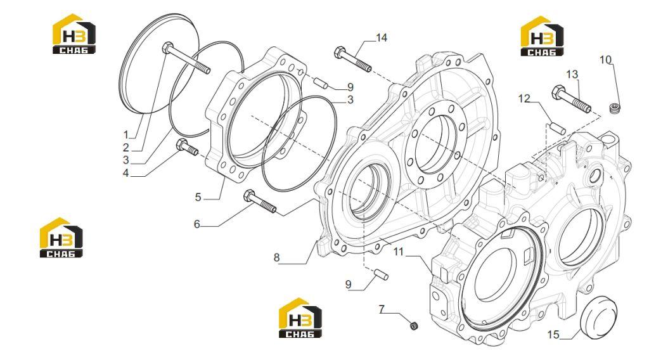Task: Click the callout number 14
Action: click(x=381, y=37)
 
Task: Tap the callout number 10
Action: click(x=605, y=60)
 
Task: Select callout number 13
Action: click(x=572, y=75)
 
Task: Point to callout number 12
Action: click(x=524, y=98)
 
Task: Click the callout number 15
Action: click(x=553, y=335)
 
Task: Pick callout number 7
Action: click(x=382, y=309)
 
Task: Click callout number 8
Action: click(x=276, y=257)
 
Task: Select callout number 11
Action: click(x=398, y=252)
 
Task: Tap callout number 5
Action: click(x=198, y=197)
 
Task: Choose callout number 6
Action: click(x=197, y=224)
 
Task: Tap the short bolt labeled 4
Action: click(x=187, y=147)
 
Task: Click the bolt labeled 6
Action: click(x=260, y=202)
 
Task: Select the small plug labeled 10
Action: click(x=615, y=108)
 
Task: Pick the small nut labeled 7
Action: click(x=413, y=326)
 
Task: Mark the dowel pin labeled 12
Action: click(x=558, y=128)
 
